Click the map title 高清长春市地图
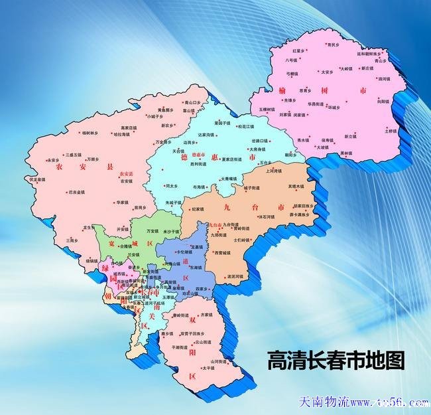(335, 361)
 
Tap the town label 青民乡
(332, 44)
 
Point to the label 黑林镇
(346, 153)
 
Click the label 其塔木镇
(296, 187)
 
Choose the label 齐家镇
(207, 314)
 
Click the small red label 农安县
(126, 174)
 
